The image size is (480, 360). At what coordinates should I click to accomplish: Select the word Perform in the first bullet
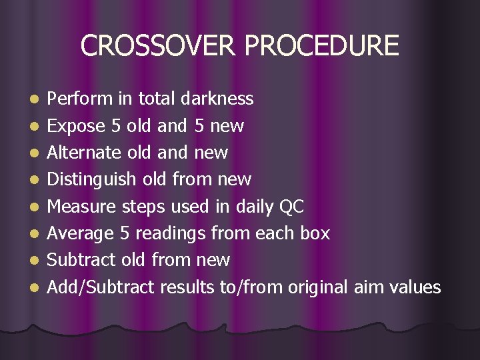(81, 99)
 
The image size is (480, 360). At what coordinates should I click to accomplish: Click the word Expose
(77, 126)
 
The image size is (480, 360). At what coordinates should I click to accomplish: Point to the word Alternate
(84, 152)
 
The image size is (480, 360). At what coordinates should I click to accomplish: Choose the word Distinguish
(92, 179)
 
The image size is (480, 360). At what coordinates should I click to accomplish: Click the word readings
(172, 234)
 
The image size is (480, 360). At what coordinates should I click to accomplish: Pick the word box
(315, 233)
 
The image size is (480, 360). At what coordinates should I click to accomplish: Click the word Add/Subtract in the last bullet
(101, 287)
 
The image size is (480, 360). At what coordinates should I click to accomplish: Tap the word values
(417, 287)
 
